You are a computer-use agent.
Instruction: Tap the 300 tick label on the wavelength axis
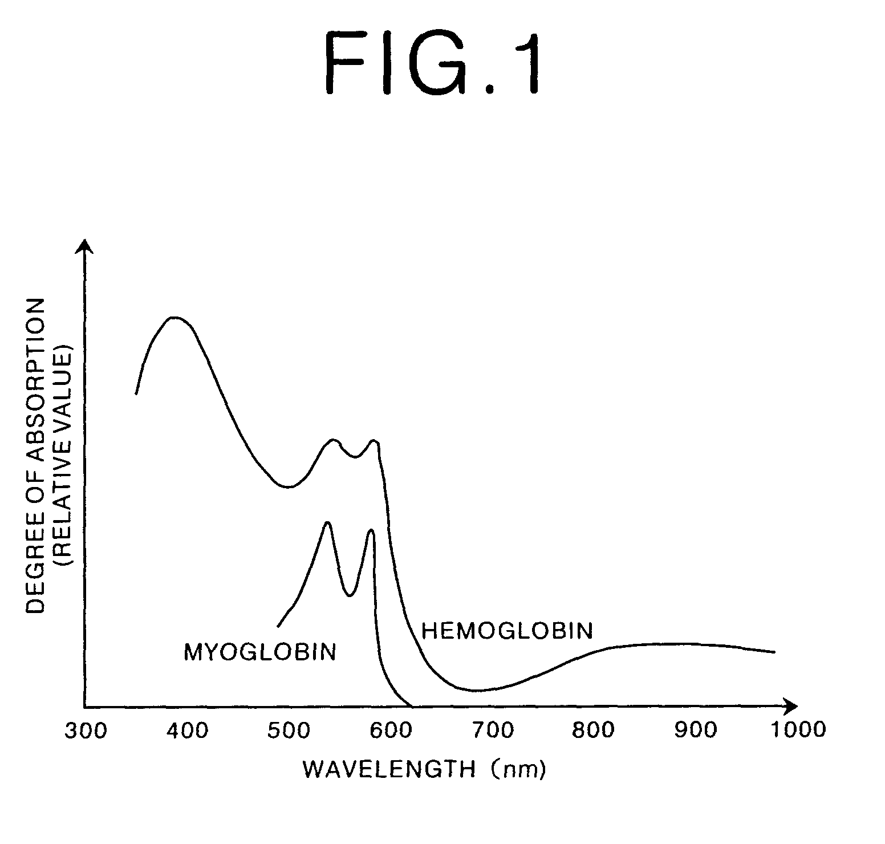pyautogui.click(x=86, y=730)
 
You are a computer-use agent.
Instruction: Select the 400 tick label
pyautogui.click(x=188, y=730)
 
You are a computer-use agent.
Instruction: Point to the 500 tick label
pyautogui.click(x=289, y=730)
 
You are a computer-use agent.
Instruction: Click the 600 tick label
pyautogui.click(x=391, y=730)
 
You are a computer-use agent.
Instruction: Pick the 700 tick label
pyautogui.click(x=493, y=730)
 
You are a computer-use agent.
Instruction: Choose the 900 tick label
pyautogui.click(x=696, y=730)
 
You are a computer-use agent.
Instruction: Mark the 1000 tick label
pyautogui.click(x=797, y=730)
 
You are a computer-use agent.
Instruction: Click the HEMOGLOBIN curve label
pyautogui.click(x=507, y=631)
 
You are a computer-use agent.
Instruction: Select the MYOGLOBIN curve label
pyautogui.click(x=260, y=652)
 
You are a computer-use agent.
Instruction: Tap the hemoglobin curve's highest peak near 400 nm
pyautogui.click(x=174, y=317)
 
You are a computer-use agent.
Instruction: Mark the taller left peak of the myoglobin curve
pyautogui.click(x=327, y=522)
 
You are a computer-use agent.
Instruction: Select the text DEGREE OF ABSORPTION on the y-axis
pyautogui.click(x=36, y=456)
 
